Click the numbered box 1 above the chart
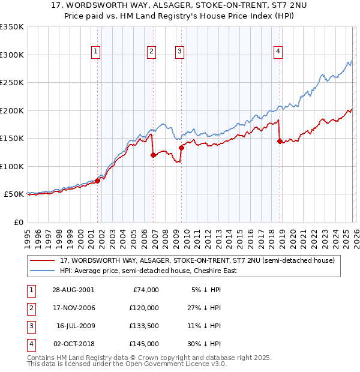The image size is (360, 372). tap(96, 52)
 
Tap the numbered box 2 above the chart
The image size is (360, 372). tap(152, 52)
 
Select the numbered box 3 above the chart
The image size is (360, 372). tap(180, 52)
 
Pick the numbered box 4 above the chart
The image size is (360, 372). tap(278, 52)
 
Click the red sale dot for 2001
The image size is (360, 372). tap(98, 181)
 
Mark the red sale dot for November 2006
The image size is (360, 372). tap(153, 155)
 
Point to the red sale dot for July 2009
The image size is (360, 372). tap(181, 148)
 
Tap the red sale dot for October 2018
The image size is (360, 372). tap(280, 141)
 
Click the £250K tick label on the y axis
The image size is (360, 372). tap(12, 82)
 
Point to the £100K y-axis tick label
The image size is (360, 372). tap(12, 166)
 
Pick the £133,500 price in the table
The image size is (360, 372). tap(143, 326)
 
